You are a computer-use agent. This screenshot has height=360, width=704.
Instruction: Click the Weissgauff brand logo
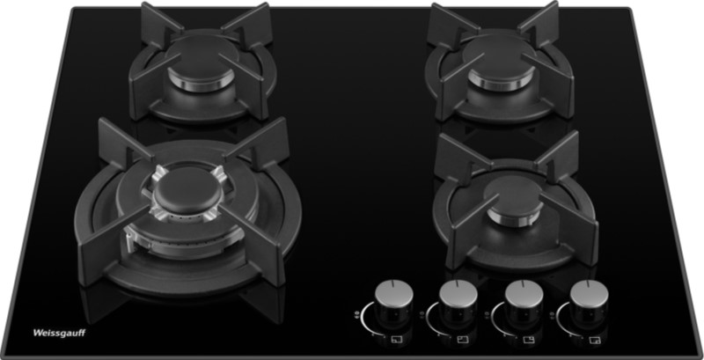pos(59,333)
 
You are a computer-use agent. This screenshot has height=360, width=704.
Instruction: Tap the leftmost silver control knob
pos(393,294)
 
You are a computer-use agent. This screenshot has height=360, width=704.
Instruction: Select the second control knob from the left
pos(458,294)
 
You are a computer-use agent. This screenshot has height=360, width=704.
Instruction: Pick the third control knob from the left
pos(524,294)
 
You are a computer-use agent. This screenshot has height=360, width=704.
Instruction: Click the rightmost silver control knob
pos(589,294)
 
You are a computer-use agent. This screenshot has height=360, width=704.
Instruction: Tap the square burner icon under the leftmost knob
pos(396,340)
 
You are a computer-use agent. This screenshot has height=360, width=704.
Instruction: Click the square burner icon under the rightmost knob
pos(595,340)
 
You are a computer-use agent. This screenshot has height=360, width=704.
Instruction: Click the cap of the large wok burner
pos(188,191)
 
